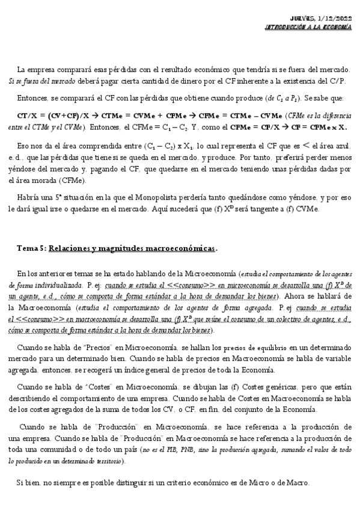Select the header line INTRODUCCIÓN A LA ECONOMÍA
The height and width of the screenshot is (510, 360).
click(x=308, y=28)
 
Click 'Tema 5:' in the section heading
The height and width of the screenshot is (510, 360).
click(x=31, y=248)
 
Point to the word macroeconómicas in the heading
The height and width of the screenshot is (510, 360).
click(x=185, y=248)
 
